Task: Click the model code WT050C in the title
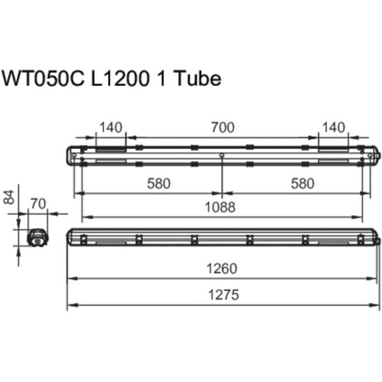[41, 78]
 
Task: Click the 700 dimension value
[222, 128]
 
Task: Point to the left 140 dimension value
[111, 128]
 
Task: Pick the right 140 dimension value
[334, 128]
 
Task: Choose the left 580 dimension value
[159, 184]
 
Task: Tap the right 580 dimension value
[302, 184]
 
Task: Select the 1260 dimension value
[222, 269]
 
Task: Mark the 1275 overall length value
[222, 295]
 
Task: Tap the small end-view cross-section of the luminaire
[38, 236]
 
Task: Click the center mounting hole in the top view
[222, 156]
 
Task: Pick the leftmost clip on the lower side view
[83, 239]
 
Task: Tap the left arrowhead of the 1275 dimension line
[70, 305]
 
